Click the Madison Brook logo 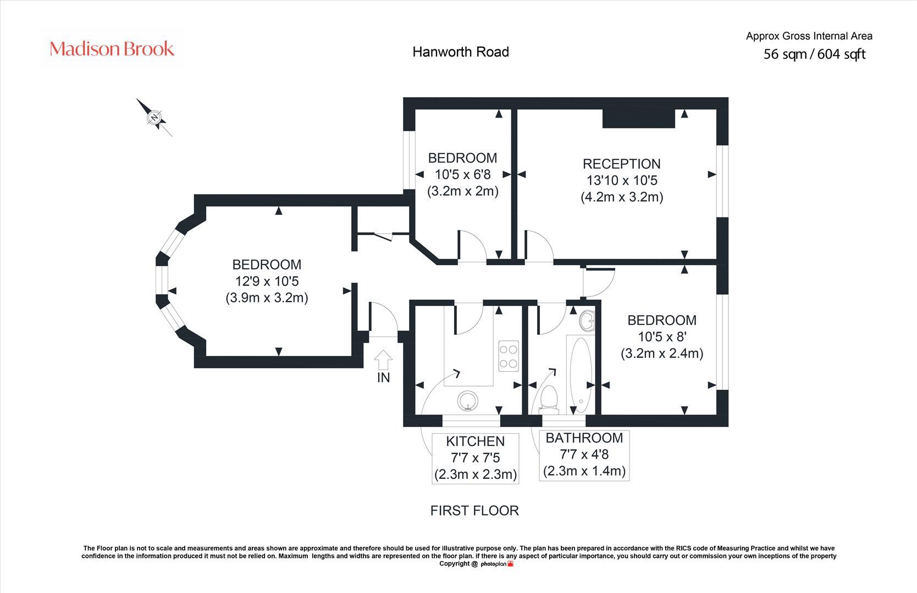tap(112, 49)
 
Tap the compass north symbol tap(155, 118)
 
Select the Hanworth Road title tap(461, 52)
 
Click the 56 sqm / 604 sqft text tap(814, 54)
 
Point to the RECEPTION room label tap(621, 164)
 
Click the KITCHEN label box tap(476, 457)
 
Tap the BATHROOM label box tap(584, 455)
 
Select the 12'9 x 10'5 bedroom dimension tap(267, 281)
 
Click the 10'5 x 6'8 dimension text tap(462, 175)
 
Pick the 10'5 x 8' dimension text tap(662, 337)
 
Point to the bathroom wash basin tap(587, 321)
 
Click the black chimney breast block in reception tap(638, 119)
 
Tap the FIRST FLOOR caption tap(474, 511)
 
